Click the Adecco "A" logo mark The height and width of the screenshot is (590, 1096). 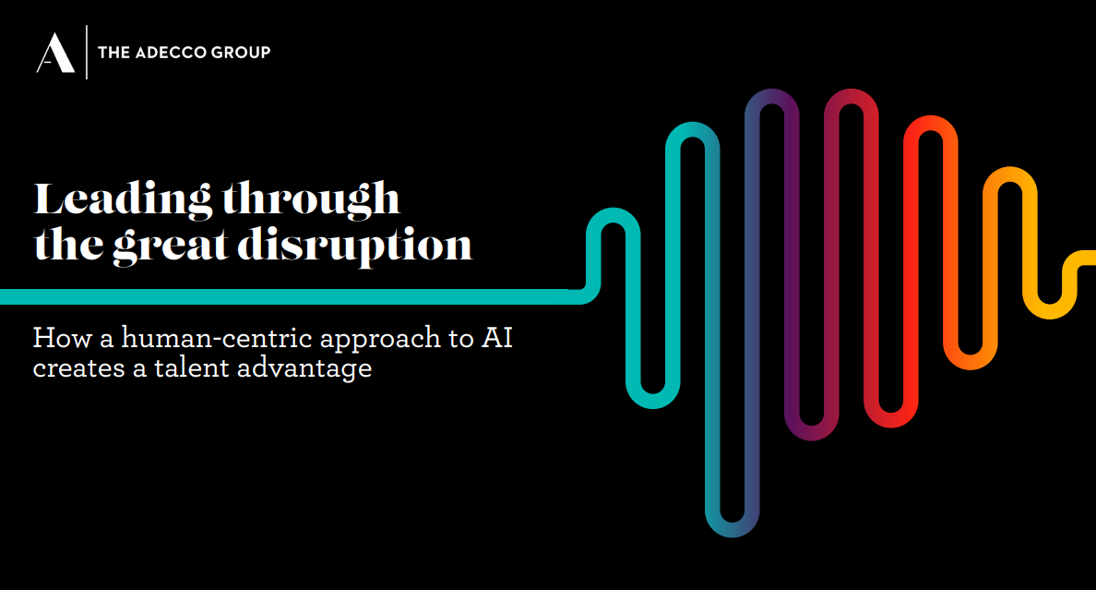[x=55, y=53]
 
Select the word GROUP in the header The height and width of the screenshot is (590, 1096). [x=241, y=53]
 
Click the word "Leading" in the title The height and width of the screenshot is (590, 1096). [x=123, y=199]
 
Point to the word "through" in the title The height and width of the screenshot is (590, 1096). [x=311, y=199]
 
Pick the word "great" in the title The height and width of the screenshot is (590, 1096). [x=172, y=247]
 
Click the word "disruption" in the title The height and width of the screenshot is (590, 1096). [x=355, y=247]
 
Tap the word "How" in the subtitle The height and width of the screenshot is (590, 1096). [x=63, y=338]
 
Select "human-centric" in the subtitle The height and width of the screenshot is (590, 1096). [x=217, y=338]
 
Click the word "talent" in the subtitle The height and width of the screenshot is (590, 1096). [x=192, y=367]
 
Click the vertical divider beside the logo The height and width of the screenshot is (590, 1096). [x=87, y=53]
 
